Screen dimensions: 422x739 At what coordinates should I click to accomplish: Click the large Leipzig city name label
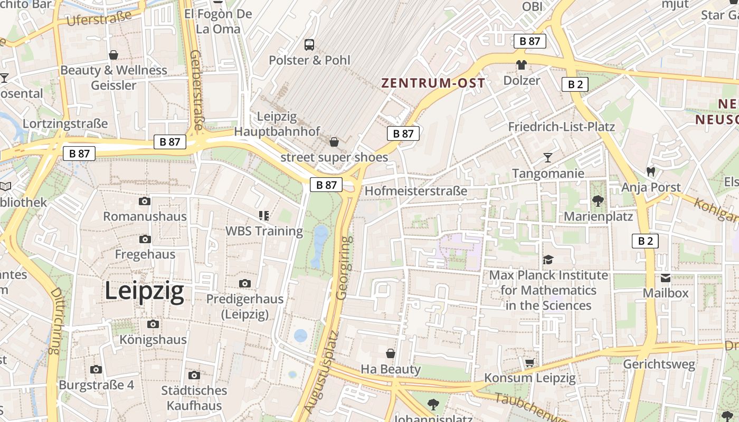click(x=144, y=291)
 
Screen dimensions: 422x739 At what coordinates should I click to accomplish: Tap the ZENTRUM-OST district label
click(x=433, y=83)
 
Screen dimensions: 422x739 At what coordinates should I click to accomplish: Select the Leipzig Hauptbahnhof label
click(x=278, y=123)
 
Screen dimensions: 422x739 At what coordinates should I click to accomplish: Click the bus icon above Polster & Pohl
click(x=309, y=45)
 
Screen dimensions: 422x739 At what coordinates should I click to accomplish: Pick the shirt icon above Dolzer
click(x=522, y=65)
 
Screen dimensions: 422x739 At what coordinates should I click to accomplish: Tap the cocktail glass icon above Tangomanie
click(x=548, y=157)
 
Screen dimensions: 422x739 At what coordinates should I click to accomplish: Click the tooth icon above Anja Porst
click(x=651, y=171)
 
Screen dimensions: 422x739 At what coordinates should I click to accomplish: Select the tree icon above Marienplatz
click(x=598, y=200)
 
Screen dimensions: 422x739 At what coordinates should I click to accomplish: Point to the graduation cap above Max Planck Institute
click(x=548, y=260)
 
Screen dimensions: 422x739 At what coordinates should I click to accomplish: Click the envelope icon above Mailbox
click(x=665, y=277)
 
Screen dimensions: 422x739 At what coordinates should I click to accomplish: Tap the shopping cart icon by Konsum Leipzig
click(x=529, y=362)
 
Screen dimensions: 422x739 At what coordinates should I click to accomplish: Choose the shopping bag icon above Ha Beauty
click(x=391, y=353)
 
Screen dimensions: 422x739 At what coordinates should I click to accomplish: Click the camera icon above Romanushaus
click(x=144, y=201)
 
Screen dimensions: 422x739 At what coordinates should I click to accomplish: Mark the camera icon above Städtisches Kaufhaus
click(x=194, y=375)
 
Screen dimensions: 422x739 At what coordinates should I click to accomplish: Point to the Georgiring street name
click(x=344, y=268)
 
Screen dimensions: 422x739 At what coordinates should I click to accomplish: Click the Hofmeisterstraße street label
click(x=416, y=190)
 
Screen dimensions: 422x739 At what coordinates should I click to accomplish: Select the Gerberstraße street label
click(x=196, y=90)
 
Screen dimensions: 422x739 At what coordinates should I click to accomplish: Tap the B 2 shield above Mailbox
click(x=645, y=241)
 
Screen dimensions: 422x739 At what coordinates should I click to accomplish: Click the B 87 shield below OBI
click(x=529, y=41)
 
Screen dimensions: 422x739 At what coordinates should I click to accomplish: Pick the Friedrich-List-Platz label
click(x=561, y=127)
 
